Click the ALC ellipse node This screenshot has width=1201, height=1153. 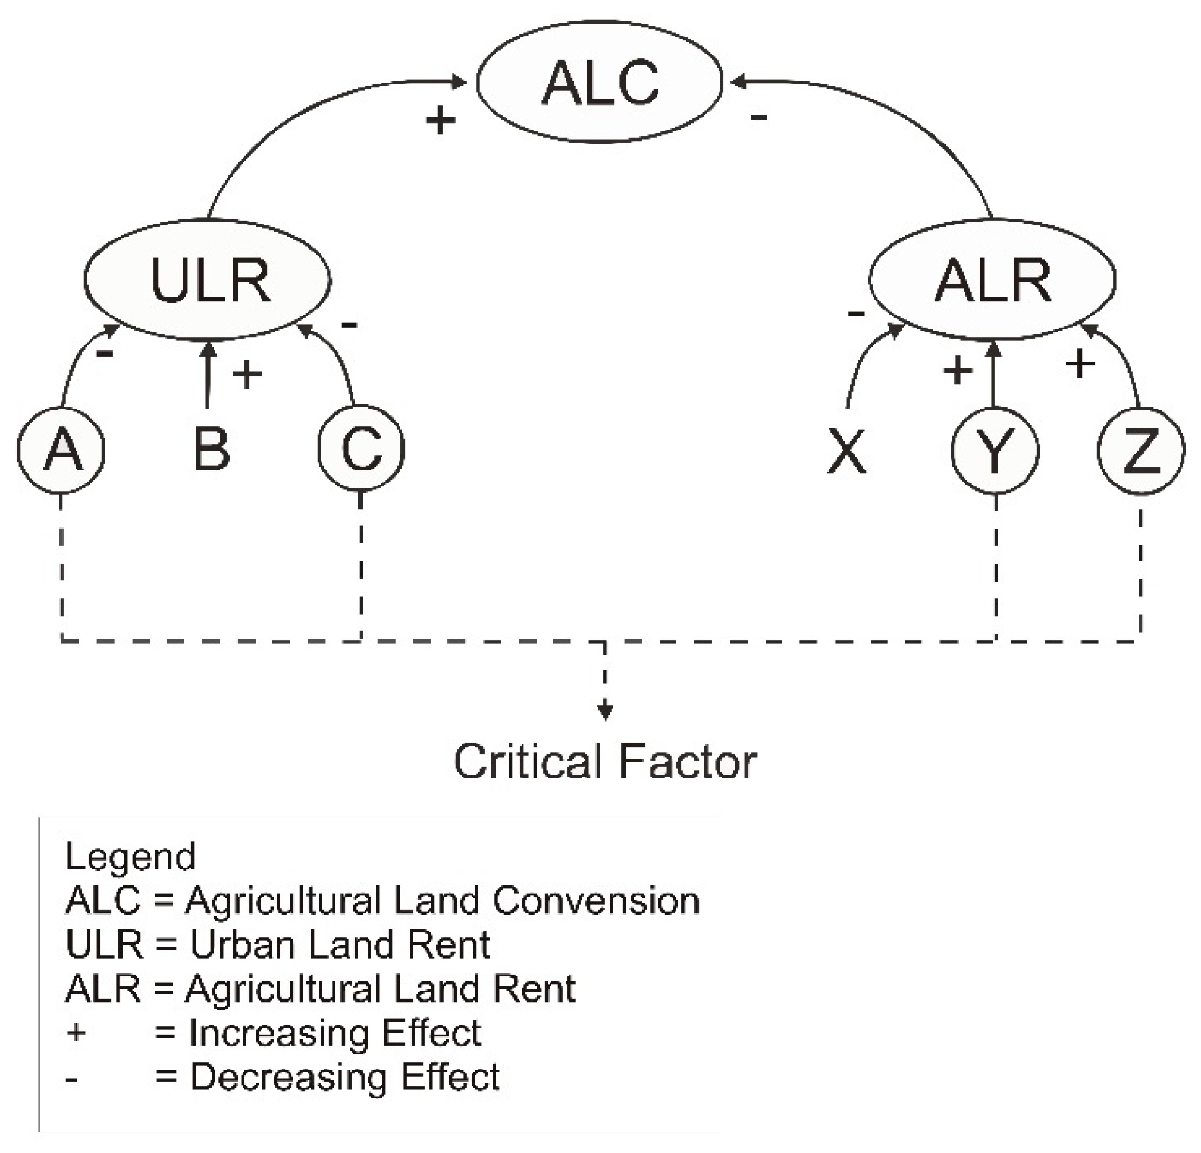[x=599, y=82]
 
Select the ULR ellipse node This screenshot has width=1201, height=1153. [x=208, y=279]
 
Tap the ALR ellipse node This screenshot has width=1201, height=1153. [x=992, y=279]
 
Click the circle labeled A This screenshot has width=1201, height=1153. [x=61, y=450]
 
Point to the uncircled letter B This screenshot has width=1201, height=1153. [x=211, y=450]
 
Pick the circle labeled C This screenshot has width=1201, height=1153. [x=361, y=448]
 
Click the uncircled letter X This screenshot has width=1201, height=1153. [x=847, y=451]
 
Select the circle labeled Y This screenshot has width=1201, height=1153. [x=995, y=451]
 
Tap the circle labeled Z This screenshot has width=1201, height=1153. [x=1140, y=451]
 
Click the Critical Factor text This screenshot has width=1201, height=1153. [x=605, y=762]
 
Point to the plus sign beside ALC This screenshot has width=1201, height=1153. [x=440, y=120]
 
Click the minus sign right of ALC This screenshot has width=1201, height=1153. [x=758, y=117]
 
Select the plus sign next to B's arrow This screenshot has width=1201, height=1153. [x=247, y=375]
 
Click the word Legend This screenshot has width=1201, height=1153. [x=130, y=856]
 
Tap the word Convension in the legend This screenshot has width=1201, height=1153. [x=595, y=901]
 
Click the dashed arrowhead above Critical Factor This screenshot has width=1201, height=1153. [x=605, y=712]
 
